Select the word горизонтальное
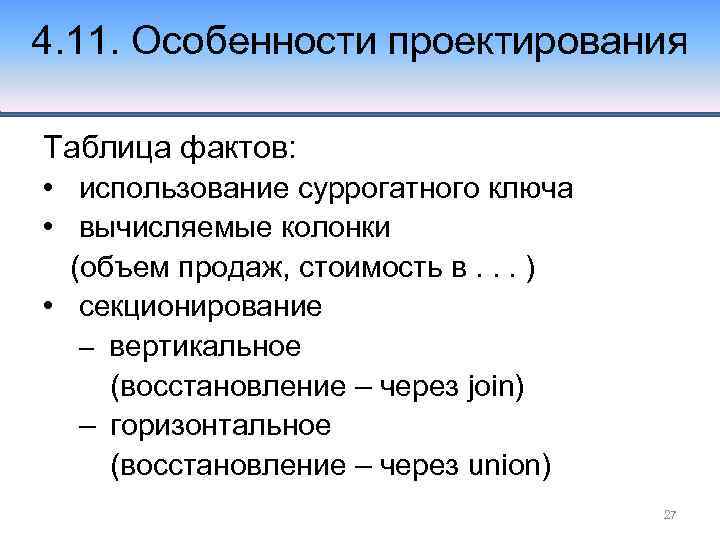[220, 425]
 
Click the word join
[490, 386]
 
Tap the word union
[502, 465]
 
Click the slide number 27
[670, 515]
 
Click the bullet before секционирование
[48, 306]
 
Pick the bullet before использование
[48, 188]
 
